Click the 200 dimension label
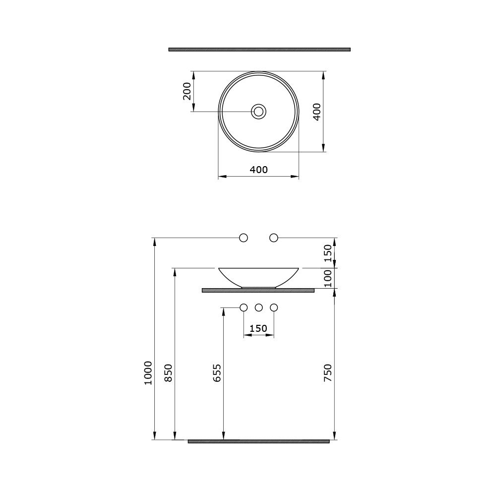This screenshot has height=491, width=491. tap(187, 91)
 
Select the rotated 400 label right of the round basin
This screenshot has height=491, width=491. tap(317, 112)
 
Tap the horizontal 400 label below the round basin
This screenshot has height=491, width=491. tap(259, 170)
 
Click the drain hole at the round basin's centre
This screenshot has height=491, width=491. tap(259, 111)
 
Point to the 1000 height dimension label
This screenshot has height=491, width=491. tap(148, 373)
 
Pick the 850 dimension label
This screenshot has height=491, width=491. tap(169, 373)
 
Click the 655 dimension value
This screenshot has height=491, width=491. tap(217, 373)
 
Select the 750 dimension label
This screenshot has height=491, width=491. tap(327, 373)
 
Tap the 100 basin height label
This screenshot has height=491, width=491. tap(327, 278)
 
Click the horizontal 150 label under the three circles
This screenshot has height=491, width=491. tap(258, 328)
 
